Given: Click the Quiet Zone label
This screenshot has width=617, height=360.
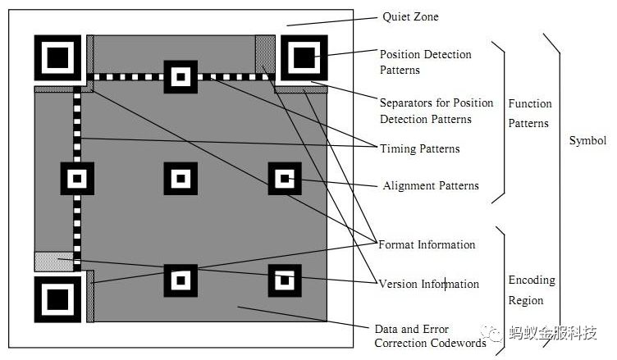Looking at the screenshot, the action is (x=410, y=17).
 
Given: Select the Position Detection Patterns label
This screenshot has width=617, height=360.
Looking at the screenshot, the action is (x=425, y=62).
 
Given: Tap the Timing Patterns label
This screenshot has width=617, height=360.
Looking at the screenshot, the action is (x=419, y=148).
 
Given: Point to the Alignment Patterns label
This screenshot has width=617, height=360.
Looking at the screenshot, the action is (x=431, y=185).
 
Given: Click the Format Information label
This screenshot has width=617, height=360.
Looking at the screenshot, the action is (x=427, y=244).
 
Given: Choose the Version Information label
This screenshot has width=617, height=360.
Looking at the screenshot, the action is (x=429, y=284).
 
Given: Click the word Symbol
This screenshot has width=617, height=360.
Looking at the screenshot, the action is (x=587, y=141).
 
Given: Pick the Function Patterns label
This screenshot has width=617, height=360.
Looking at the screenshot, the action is (x=530, y=113).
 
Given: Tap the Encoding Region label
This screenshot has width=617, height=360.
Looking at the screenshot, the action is (x=532, y=290).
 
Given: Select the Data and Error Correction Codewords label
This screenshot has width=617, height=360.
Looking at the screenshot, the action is (x=430, y=336).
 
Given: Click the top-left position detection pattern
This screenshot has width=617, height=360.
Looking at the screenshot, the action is (x=57, y=58).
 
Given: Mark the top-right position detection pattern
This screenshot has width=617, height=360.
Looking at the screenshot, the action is (x=304, y=58).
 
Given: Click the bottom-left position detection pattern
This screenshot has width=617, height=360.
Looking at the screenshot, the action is (x=57, y=299).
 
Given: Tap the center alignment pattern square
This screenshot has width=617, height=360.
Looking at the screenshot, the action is (x=181, y=179).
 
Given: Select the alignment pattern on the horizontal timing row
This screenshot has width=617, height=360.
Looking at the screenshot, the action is (x=181, y=77).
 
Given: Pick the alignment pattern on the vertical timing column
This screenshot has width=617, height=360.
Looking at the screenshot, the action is (x=77, y=179).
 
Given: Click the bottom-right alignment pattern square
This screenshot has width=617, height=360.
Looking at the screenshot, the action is (x=285, y=280).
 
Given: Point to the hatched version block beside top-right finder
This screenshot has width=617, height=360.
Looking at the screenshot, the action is (x=265, y=54).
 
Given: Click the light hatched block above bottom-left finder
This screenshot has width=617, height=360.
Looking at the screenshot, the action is (x=54, y=262).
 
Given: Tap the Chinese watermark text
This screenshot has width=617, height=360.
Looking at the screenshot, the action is (x=553, y=333).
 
